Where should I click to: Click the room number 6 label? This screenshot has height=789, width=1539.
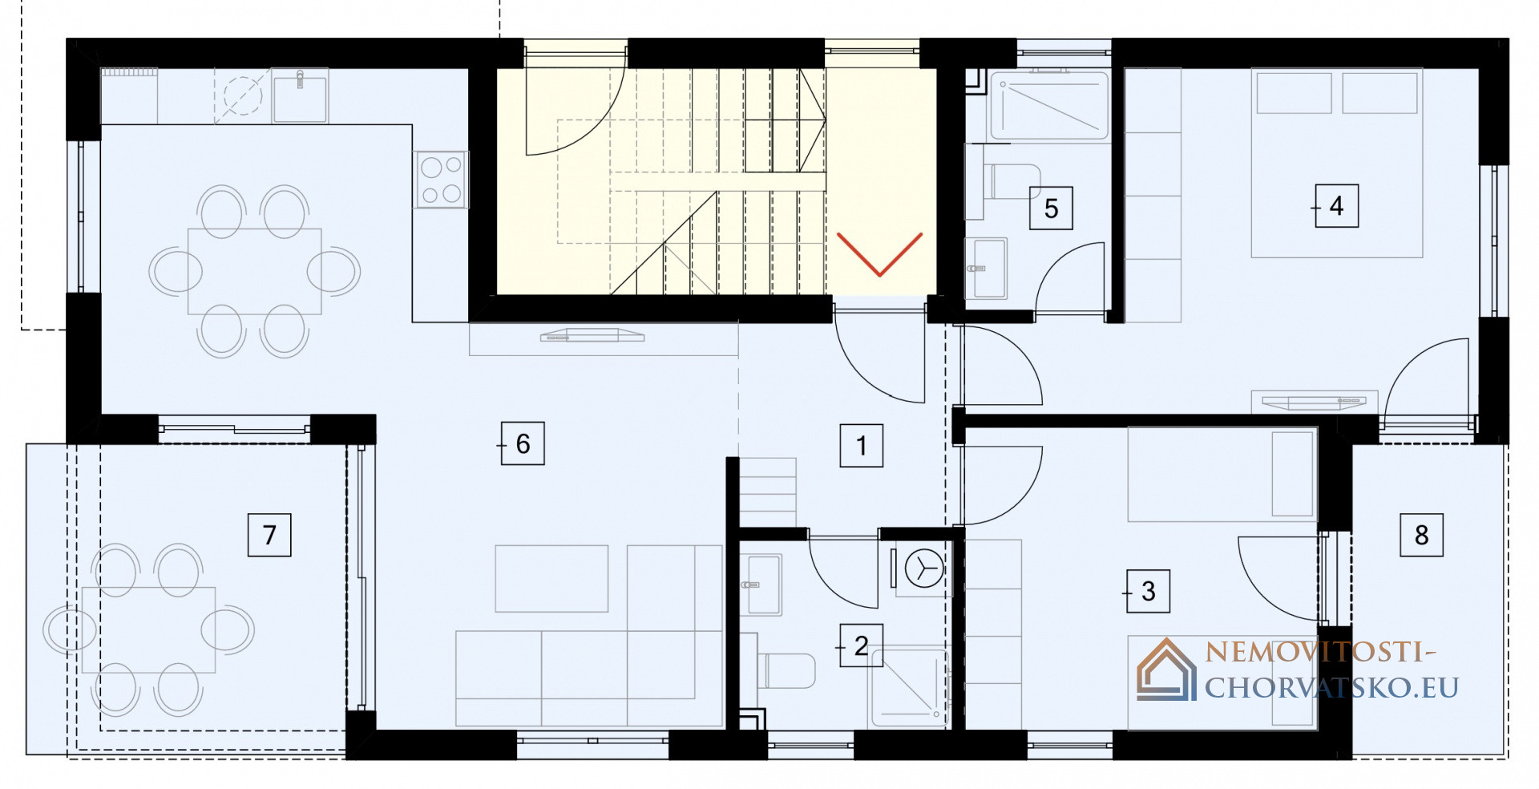coord(523,443)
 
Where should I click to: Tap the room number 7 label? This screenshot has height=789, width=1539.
coord(269,535)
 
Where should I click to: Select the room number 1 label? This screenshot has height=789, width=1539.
coord(862,445)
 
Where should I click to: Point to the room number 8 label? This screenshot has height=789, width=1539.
coord(1422,535)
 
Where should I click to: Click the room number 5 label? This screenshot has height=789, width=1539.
coord(1052,208)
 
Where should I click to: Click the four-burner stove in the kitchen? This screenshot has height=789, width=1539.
coord(441,180)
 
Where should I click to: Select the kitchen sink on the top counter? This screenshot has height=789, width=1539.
coord(300,95)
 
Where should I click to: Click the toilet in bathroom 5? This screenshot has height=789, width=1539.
coord(1012,182)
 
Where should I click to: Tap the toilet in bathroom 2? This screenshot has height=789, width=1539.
coord(786,671)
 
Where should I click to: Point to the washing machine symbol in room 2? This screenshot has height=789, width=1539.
coord(923,568)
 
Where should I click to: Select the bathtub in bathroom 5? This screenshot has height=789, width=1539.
coord(1049,106)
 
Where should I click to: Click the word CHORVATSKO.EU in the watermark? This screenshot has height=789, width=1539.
coord(1331,687)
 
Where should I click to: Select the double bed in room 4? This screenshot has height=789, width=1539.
coord(1337,163)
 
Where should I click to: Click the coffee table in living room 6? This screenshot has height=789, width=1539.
coord(551,579)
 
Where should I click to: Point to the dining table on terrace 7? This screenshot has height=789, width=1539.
coord(148,629)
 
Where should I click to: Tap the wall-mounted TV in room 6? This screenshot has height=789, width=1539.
coord(592,335)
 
